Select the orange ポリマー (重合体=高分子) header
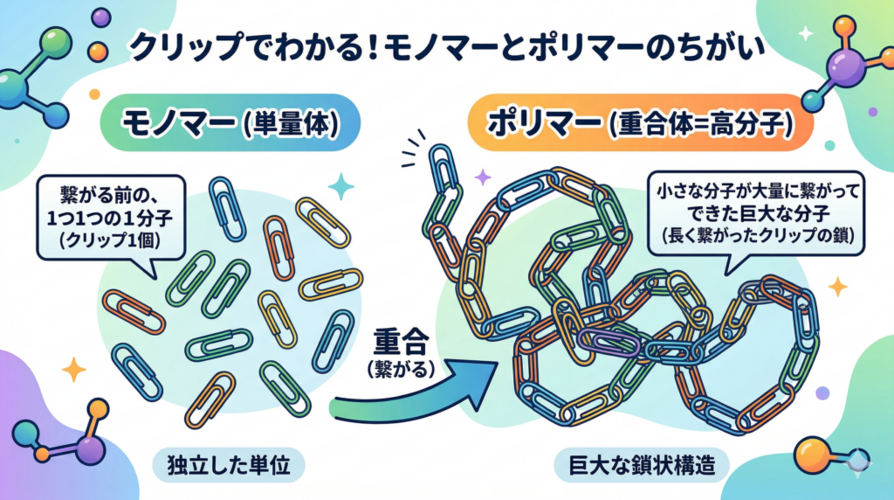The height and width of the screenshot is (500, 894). (643, 124)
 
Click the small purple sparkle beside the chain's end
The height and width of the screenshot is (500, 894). (482, 177)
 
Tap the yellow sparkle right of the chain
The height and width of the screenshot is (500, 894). (837, 286)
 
